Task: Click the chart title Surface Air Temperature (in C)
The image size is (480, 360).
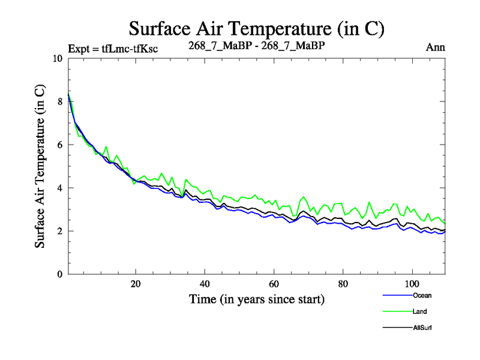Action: [x=257, y=28]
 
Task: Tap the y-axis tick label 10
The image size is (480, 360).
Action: [x=58, y=59]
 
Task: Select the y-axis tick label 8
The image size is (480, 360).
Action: [x=59, y=102]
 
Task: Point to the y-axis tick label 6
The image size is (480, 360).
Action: [x=59, y=145]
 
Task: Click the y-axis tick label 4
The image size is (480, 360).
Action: [x=59, y=188]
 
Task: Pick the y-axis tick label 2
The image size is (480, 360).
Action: [x=59, y=232]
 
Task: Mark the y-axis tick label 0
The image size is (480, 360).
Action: [x=59, y=275]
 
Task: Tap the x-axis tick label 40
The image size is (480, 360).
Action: [x=205, y=284]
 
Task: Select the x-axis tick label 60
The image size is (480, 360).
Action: [x=274, y=284]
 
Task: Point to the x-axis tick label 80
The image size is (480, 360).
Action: [x=343, y=284]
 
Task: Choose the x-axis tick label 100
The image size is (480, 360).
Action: [x=412, y=284]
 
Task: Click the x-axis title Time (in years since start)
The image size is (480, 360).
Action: [x=257, y=299]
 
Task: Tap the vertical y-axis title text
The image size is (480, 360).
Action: [x=40, y=166]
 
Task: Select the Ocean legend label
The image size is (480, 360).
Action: [x=421, y=295]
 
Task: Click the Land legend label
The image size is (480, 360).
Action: [x=419, y=311]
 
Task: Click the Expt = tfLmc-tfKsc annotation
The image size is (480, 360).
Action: [x=113, y=49]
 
